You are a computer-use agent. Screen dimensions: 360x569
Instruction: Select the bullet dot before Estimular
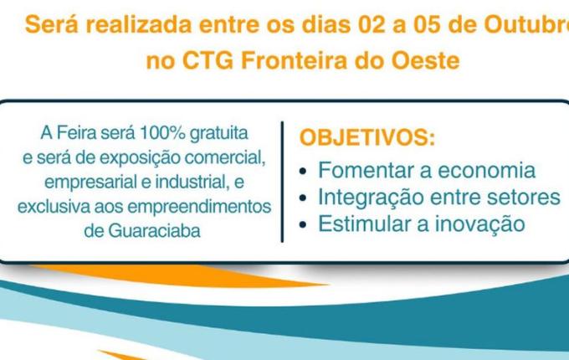pyautogui.click(x=305, y=225)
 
